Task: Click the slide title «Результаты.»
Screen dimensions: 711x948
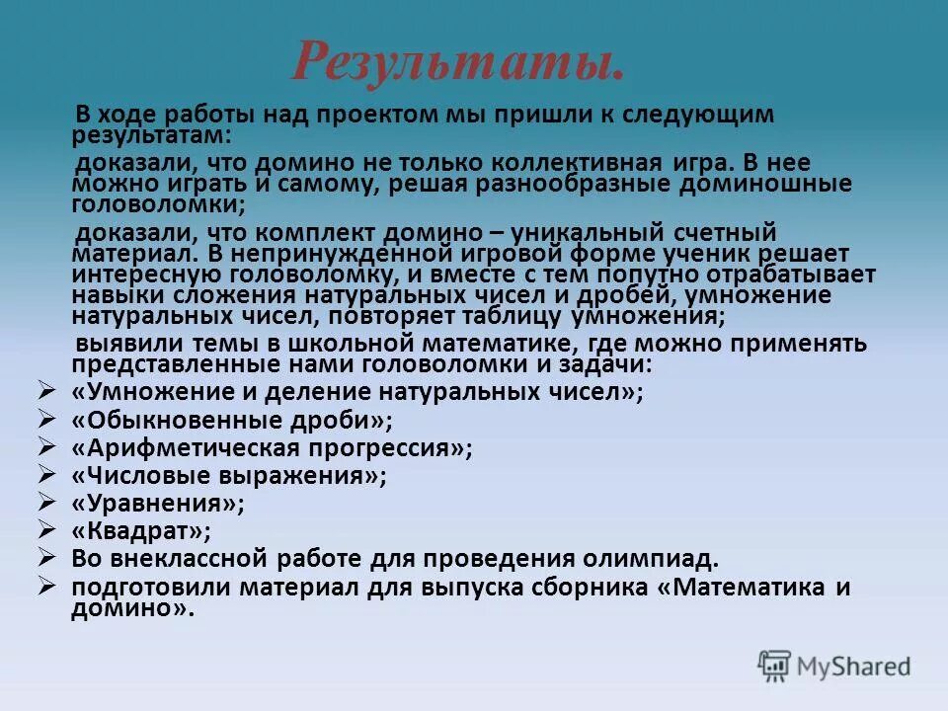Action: click(458, 61)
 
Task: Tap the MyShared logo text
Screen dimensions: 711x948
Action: click(855, 667)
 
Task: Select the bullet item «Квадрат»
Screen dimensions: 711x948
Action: click(141, 531)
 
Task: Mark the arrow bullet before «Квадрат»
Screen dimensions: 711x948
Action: click(45, 530)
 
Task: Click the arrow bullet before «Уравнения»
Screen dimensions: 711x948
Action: click(45, 503)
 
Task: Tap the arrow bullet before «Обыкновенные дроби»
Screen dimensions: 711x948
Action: click(45, 419)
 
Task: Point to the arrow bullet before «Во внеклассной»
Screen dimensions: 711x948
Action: click(45, 558)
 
